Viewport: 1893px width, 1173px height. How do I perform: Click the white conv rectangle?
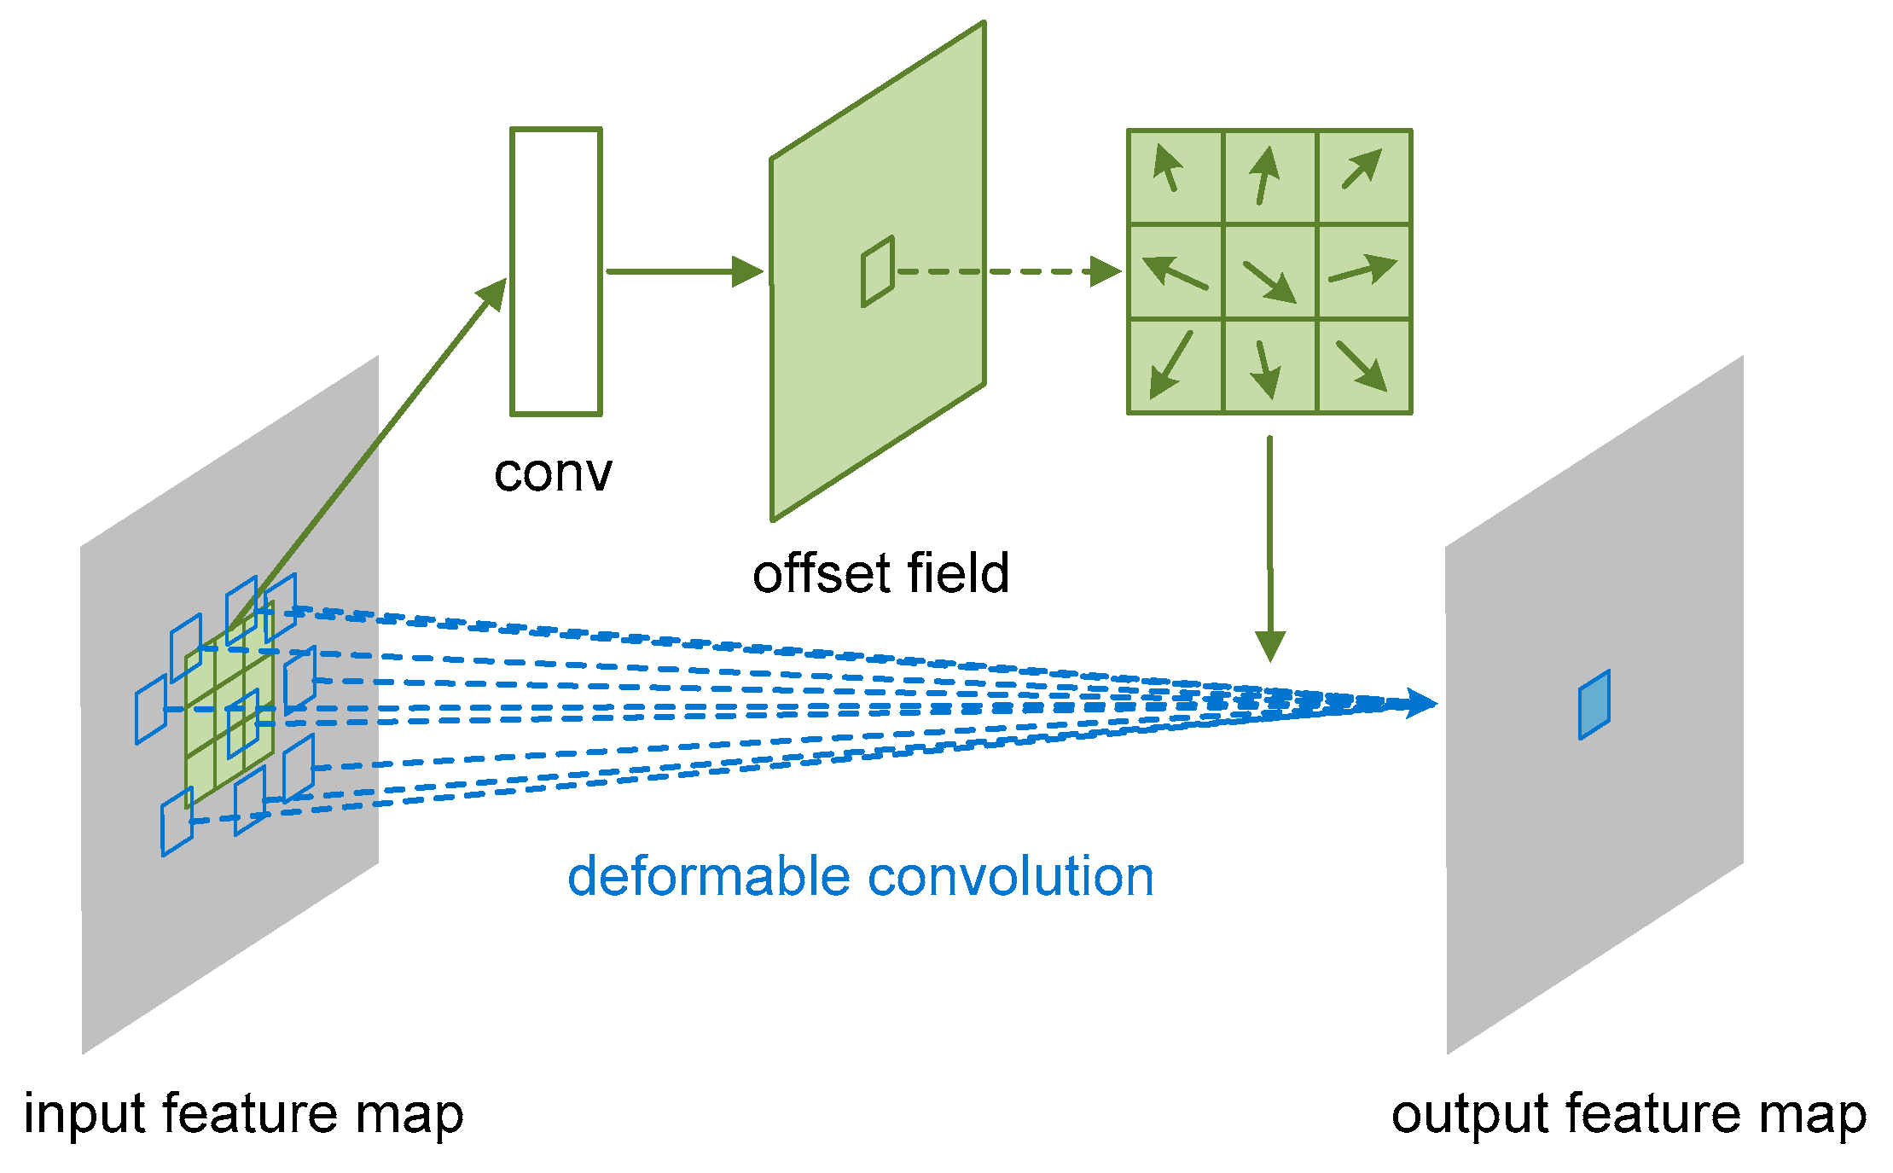(x=556, y=271)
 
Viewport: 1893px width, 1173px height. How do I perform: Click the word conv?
(x=553, y=473)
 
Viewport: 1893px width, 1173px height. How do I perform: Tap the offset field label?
(x=880, y=573)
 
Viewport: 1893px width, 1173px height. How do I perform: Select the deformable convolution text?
(x=860, y=877)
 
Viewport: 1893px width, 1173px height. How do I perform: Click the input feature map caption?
(x=243, y=1114)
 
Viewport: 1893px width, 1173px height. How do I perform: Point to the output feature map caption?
(x=1628, y=1114)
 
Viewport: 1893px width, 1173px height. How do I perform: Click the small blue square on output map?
(x=1594, y=705)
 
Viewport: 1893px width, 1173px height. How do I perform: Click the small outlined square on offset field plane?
(x=878, y=271)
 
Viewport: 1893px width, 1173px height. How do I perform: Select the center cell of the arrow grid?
(x=1269, y=272)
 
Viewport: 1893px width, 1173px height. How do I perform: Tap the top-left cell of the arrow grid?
(x=1175, y=177)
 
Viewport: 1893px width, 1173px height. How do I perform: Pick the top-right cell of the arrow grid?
(x=1364, y=177)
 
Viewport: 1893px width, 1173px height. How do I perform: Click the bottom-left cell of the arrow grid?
(x=1175, y=367)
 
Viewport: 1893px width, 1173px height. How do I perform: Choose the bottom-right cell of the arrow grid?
(x=1364, y=367)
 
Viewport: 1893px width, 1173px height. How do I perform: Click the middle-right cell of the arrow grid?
(x=1364, y=272)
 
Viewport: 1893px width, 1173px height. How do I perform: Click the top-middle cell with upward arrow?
(x=1269, y=177)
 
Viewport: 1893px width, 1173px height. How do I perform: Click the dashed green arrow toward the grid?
(x=1007, y=272)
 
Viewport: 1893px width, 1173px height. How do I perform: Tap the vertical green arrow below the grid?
(x=1270, y=546)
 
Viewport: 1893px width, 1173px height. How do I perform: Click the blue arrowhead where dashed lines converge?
(x=1420, y=704)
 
